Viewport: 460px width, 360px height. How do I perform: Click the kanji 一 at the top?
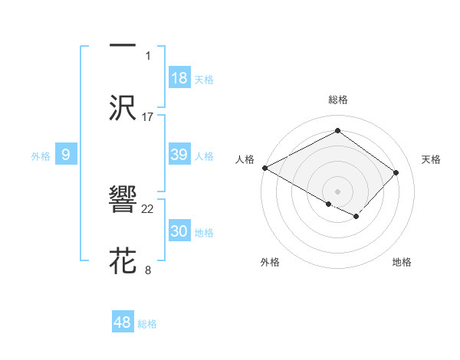point(123,44)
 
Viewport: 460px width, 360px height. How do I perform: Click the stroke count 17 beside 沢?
point(148,116)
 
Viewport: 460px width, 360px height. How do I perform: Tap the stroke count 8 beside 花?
point(148,270)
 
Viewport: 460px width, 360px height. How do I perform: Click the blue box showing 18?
point(179,78)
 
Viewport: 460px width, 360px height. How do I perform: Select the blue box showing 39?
point(179,155)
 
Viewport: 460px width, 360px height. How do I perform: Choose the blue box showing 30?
point(179,231)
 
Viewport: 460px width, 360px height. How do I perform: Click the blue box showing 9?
point(66,155)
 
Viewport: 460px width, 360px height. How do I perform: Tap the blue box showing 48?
point(123,322)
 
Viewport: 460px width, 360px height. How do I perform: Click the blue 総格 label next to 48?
point(147,324)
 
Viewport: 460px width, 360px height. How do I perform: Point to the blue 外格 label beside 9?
point(41,156)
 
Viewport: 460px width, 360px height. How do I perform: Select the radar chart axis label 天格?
point(432,159)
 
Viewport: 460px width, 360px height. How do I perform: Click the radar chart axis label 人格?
point(245,159)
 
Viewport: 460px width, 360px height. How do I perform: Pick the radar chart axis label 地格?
point(402,262)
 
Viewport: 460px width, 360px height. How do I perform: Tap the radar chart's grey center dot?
point(337,191)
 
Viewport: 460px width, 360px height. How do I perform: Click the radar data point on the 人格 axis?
point(264,167)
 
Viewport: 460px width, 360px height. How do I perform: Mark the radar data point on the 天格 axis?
point(396,172)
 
